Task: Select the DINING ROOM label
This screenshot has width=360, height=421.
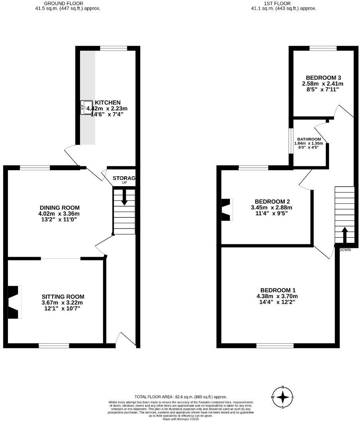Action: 60,208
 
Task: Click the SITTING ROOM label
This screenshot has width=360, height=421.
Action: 63,297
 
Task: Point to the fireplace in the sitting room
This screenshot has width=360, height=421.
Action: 14,302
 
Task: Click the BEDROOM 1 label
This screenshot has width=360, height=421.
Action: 278,290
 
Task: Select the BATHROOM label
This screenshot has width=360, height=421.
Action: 309,139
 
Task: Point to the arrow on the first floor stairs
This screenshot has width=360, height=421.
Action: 344,235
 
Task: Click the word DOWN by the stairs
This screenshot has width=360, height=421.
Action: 345,250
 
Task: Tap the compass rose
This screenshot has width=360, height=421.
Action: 283,397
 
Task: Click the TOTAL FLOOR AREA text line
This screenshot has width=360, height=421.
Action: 180,397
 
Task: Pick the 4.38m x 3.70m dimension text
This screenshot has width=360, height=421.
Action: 278,296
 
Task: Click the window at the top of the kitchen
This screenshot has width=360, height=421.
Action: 113,49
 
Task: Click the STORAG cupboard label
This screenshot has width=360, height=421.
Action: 124,178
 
